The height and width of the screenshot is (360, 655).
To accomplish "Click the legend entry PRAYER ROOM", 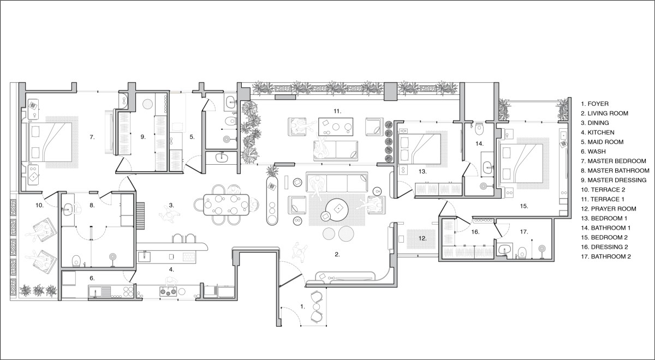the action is (x=609, y=209).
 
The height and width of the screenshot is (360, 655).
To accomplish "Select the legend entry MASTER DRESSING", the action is (x=614, y=181).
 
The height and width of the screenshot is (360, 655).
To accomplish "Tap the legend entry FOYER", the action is (x=595, y=104).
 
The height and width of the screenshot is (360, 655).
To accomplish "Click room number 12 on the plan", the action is (x=422, y=238).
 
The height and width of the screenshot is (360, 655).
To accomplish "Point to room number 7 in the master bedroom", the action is (x=92, y=137).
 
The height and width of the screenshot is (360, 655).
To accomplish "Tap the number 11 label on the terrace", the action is (x=337, y=111).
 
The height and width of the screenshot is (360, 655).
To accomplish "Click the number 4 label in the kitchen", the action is (x=171, y=269).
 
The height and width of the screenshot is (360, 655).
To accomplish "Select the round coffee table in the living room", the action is (x=338, y=209).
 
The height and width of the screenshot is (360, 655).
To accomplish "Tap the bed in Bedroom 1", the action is (x=420, y=149).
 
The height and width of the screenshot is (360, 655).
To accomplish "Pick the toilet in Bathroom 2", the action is (x=522, y=253).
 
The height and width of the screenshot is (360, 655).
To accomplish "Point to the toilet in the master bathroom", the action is (x=76, y=261).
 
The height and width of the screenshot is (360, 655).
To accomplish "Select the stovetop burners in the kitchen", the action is (x=168, y=291).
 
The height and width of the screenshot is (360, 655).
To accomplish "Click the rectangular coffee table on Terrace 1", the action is (x=335, y=127).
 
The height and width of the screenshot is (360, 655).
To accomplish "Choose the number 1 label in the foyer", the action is (x=302, y=306).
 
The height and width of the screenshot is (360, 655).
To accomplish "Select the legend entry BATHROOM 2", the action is (x=606, y=256).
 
